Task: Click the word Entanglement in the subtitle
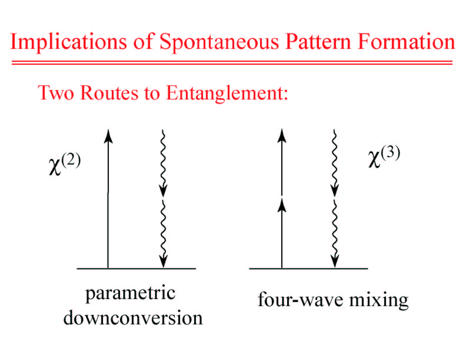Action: pyautogui.click(x=227, y=94)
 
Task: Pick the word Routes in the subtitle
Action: pyautogui.click(x=109, y=93)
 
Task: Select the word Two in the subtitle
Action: pyautogui.click(x=56, y=93)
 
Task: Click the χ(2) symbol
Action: pyautogui.click(x=65, y=164)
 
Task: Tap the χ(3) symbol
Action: pyautogui.click(x=384, y=156)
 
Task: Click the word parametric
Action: pyautogui.click(x=130, y=294)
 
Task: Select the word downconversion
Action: pyautogui.click(x=133, y=318)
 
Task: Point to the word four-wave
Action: pyautogui.click(x=300, y=299)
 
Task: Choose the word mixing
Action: pyautogui.click(x=379, y=300)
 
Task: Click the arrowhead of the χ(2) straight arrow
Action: pyautogui.click(x=108, y=136)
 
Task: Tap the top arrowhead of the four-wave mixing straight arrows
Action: pyautogui.click(x=282, y=136)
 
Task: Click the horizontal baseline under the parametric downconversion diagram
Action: pyautogui.click(x=137, y=268)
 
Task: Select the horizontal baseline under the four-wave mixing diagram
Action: pyautogui.click(x=309, y=268)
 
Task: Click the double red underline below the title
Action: pyautogui.click(x=232, y=63)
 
